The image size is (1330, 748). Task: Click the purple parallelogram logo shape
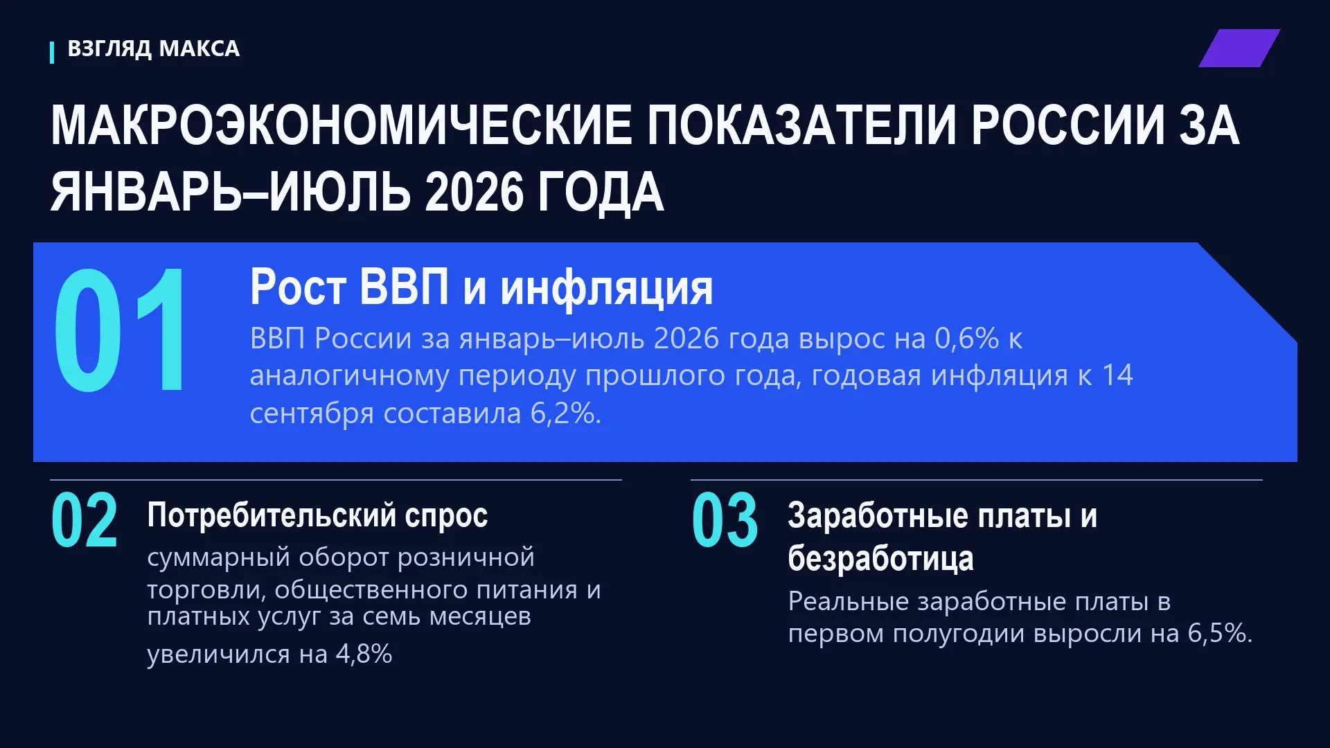tap(1239, 48)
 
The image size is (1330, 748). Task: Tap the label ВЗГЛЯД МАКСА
tap(154, 48)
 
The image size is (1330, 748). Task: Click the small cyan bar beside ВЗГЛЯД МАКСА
tap(52, 53)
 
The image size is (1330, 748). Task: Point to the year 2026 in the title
tap(474, 192)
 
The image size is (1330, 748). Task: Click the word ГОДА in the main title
tap(601, 192)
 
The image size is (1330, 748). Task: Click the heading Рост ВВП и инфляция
tap(481, 287)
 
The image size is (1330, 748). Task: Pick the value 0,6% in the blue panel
tap(966, 338)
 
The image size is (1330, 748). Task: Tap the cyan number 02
tap(85, 520)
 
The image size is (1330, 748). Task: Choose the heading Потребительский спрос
tap(317, 516)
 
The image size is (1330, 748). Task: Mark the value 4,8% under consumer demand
tap(364, 653)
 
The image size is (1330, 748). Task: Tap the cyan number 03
tap(725, 520)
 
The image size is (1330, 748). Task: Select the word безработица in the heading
tap(880, 558)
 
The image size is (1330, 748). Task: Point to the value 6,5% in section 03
tap(1220, 633)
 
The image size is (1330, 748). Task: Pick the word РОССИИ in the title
tap(1067, 125)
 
